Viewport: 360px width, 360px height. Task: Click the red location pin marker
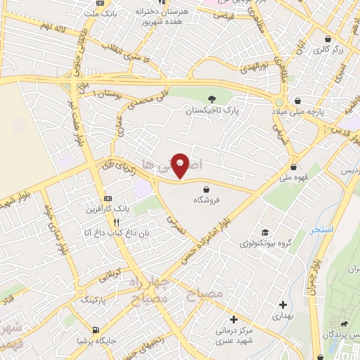pos(181,165)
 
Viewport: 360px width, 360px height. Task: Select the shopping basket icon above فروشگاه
pos(205,188)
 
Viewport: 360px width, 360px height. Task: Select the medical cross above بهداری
pos(283,304)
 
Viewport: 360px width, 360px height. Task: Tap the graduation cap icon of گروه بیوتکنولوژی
pos(264,233)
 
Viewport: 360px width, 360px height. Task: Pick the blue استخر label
pos(325,231)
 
